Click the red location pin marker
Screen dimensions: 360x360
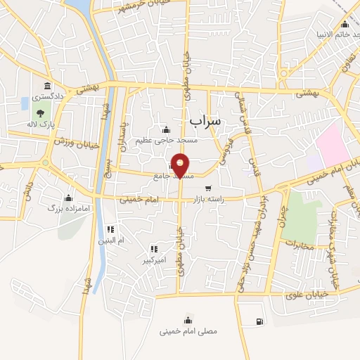coord(181,165)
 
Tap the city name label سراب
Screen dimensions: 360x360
coord(205,120)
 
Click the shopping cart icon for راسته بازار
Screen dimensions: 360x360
coord(208,188)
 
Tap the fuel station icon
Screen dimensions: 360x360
coord(260,322)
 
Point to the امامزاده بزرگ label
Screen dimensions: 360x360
coord(65,209)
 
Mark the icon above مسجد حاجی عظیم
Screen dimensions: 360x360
coord(166,129)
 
